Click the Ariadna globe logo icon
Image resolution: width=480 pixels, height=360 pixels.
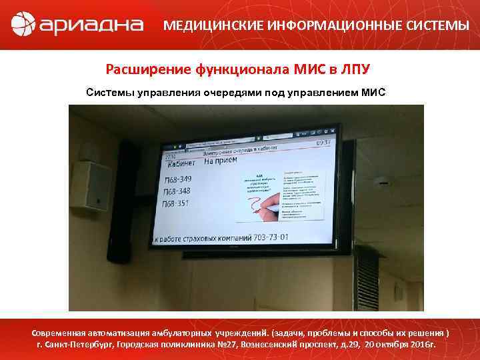(x=24, y=25)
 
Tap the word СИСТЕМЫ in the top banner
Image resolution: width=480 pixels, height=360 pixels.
(x=436, y=26)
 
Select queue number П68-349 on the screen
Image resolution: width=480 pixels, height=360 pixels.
(x=178, y=179)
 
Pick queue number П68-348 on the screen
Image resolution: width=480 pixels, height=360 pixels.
(x=177, y=191)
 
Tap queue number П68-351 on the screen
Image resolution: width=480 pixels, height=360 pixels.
(x=177, y=203)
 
